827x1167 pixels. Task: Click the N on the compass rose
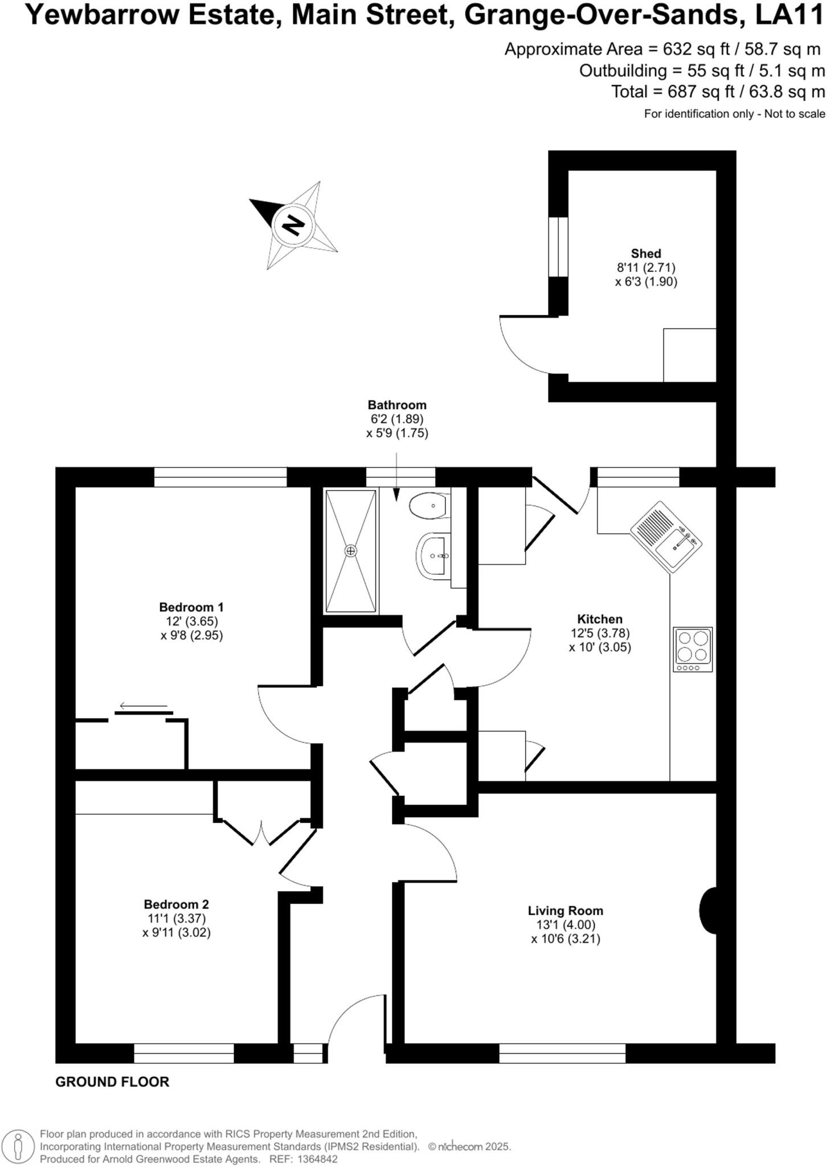click(x=293, y=226)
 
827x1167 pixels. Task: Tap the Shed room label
click(x=646, y=254)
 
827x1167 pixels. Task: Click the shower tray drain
click(x=350, y=550)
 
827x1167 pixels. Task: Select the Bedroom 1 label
click(x=191, y=607)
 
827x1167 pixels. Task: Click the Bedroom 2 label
click(x=176, y=904)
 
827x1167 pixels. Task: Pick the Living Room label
click(x=565, y=911)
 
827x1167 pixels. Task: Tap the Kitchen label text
click(x=600, y=619)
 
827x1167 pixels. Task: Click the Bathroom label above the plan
click(x=397, y=405)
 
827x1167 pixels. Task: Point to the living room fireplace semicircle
click(x=708, y=910)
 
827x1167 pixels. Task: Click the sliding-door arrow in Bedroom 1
click(x=144, y=707)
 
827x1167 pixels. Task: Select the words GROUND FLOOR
click(x=112, y=1082)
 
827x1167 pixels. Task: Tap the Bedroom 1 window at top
click(x=220, y=478)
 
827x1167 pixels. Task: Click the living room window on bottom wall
click(x=562, y=1053)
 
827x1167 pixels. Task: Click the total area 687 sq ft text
click(x=718, y=92)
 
